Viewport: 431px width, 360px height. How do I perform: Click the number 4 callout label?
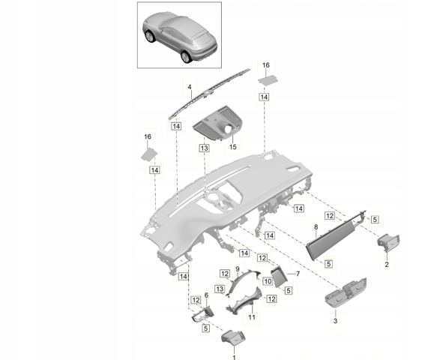pos(190,87)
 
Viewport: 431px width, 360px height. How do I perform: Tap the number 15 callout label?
pos(233,147)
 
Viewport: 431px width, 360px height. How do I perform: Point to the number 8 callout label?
pos(316,227)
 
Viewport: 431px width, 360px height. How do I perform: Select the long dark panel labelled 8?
pos(336,235)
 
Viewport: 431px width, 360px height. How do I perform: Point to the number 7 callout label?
pos(298,274)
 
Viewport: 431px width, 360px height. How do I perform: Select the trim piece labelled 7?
pos(279,277)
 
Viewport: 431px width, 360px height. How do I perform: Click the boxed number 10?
pos(268,281)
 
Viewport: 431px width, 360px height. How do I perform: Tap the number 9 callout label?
pos(238,268)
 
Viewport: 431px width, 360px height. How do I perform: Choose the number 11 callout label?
pos(252,317)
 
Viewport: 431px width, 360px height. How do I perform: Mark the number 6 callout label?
pos(206,295)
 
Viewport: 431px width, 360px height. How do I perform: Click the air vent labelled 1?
pos(233,337)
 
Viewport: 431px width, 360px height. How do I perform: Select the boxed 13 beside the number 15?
pos(204,148)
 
